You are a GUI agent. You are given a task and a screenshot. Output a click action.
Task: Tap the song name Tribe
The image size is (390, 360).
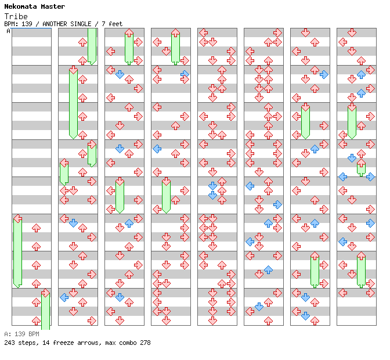[15, 16]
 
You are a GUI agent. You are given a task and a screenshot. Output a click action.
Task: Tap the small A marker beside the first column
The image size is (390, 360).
[8, 31]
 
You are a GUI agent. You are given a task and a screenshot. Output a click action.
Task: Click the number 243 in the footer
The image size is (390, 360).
[9, 343]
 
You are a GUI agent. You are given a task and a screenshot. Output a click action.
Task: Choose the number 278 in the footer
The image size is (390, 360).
[145, 343]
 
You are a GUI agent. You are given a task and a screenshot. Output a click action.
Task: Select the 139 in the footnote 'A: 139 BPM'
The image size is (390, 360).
[20, 334]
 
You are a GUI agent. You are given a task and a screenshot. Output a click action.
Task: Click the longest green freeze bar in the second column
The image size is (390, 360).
[73, 103]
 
